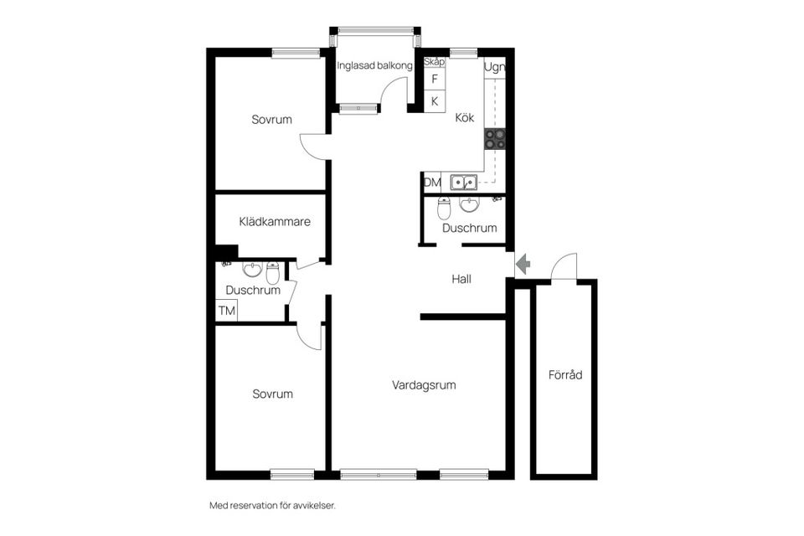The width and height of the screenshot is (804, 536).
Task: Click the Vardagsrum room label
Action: click(x=424, y=385)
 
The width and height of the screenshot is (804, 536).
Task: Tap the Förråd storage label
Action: click(x=564, y=375)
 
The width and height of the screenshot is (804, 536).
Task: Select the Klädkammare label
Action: click(x=275, y=223)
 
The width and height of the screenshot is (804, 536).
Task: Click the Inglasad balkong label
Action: click(x=375, y=65)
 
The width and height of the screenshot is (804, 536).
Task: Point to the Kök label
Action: click(x=465, y=118)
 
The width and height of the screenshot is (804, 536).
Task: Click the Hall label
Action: click(x=461, y=279)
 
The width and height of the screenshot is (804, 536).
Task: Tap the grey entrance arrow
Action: click(x=523, y=265)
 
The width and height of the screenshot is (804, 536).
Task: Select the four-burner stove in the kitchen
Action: click(x=494, y=139)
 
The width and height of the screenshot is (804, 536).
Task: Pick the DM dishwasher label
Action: click(x=432, y=183)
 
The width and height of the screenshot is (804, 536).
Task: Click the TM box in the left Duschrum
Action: click(x=226, y=311)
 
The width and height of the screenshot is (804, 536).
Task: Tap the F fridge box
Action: click(x=434, y=80)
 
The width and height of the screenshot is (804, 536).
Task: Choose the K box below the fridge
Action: click(x=434, y=101)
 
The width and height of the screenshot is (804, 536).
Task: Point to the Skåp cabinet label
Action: click(x=434, y=62)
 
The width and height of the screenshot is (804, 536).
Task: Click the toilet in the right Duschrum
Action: click(x=444, y=207)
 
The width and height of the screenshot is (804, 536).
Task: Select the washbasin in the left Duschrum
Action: click(x=252, y=270)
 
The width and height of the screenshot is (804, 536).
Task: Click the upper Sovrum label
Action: click(x=272, y=120)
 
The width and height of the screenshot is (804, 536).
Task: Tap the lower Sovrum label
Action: click(x=273, y=394)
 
